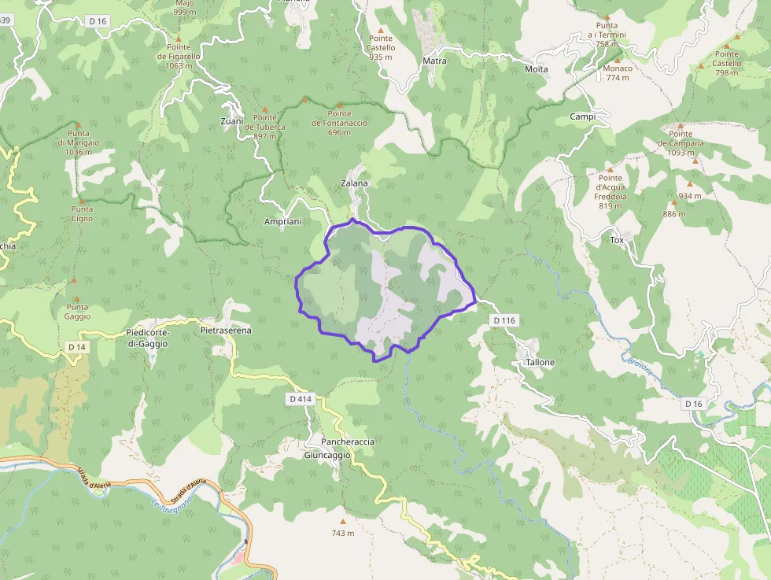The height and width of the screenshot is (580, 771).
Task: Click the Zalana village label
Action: [354, 183]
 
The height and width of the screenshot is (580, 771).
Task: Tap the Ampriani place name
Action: [282, 222]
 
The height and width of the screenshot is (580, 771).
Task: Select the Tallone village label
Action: [540, 363]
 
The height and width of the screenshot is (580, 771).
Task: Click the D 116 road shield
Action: [504, 320]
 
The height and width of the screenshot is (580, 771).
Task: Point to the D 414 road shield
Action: [301, 400]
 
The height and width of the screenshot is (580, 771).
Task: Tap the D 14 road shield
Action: [76, 347]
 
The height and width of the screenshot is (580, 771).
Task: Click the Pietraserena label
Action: [226, 331]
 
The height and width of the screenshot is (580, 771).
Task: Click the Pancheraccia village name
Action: [347, 442]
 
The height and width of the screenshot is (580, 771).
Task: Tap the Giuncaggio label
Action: [326, 456]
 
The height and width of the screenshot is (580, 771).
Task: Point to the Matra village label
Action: [434, 61]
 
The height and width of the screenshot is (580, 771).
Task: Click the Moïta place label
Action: [536, 69]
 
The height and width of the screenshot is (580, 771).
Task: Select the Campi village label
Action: [583, 116]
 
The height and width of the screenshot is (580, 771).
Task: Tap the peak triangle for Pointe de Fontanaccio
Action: [340, 105]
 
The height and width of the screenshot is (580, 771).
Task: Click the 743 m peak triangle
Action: [342, 521]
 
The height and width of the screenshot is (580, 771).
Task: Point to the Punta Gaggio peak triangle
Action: [74, 279]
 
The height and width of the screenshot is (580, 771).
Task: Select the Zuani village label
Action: [232, 121]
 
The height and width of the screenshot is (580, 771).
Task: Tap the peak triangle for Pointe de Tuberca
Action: [265, 109]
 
